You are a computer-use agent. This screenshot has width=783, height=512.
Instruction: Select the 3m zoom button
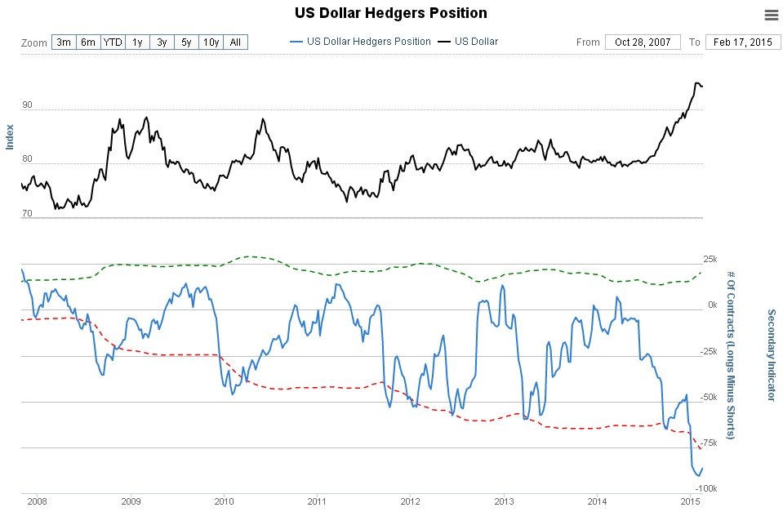(x=64, y=42)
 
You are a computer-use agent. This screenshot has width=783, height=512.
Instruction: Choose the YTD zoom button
(x=112, y=42)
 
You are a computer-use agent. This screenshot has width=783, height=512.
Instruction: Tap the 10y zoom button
(x=211, y=42)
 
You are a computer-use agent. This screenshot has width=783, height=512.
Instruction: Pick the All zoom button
(x=235, y=42)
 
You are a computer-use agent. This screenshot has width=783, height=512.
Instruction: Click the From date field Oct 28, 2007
(x=642, y=42)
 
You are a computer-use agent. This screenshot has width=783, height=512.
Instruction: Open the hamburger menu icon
(x=771, y=15)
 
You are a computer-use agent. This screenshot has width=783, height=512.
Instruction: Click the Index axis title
(x=10, y=136)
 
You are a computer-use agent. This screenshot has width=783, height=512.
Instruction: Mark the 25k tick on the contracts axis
(x=709, y=259)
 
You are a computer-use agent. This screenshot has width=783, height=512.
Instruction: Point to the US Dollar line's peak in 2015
(x=697, y=82)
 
